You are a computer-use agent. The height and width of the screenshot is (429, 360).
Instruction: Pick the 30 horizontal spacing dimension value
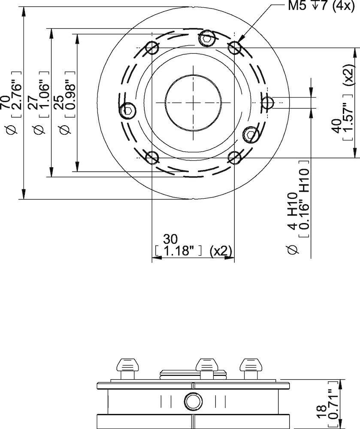tap(171, 239)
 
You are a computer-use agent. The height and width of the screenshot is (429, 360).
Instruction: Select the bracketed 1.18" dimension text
tap(178, 251)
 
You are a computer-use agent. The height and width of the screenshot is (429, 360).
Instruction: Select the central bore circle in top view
tap(193, 103)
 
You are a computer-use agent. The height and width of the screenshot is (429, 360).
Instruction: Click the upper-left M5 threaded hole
tap(152, 48)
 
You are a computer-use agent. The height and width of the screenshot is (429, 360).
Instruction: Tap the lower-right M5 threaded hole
tap(234, 158)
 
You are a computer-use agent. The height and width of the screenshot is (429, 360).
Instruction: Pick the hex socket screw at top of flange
tap(207, 39)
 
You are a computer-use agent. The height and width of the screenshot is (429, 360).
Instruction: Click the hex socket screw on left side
tap(128, 110)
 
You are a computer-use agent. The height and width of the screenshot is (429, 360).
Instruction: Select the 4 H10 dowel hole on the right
tap(267, 103)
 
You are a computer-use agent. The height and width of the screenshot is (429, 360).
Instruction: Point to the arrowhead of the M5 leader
tap(238, 42)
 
